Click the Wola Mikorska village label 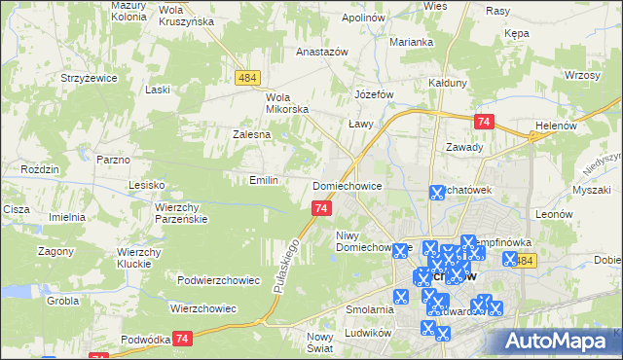(287, 103)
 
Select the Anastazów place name (321, 53)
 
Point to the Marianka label (412, 42)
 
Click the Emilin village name (265, 180)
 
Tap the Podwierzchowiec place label (219, 280)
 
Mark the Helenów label (557, 126)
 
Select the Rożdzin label (40, 169)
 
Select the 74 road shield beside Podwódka (182, 338)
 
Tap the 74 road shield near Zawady (485, 122)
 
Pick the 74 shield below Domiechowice (322, 208)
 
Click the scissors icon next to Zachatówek (437, 193)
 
